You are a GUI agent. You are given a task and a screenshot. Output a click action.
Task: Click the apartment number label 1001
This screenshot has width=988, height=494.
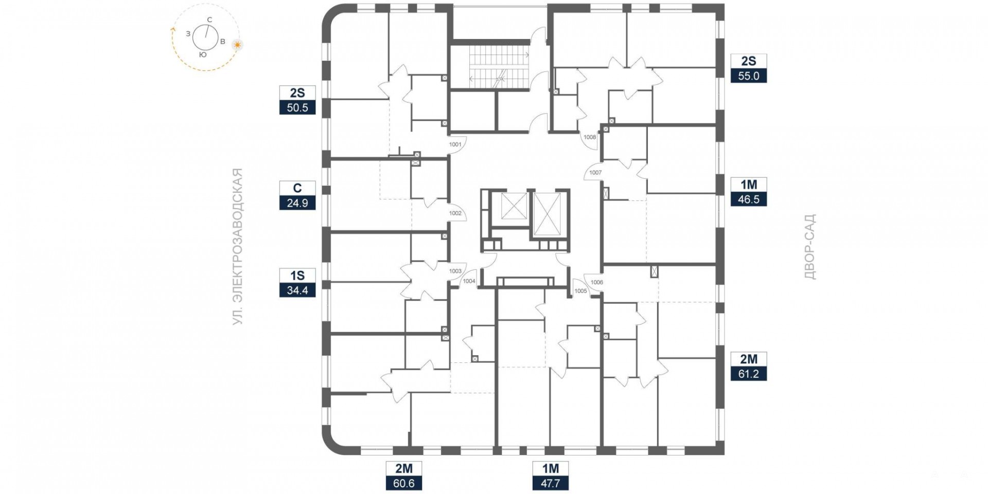point(455,144)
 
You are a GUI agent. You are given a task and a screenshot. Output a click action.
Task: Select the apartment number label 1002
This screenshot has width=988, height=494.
point(455,213)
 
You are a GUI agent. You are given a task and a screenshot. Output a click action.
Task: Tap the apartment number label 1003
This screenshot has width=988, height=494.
point(455,271)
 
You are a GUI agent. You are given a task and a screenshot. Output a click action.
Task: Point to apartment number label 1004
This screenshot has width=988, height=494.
point(469,281)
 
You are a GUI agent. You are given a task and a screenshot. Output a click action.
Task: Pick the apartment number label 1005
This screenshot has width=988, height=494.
point(580,291)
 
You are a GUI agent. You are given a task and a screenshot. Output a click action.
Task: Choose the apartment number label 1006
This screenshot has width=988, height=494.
point(597,282)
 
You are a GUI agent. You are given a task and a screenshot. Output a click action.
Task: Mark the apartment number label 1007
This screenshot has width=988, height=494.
point(595,173)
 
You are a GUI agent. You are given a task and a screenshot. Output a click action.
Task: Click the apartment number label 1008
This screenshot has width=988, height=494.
point(590,137)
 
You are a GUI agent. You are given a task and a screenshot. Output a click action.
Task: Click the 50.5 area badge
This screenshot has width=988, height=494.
point(297,107)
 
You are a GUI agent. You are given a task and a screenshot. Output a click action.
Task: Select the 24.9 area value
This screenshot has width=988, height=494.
point(297,203)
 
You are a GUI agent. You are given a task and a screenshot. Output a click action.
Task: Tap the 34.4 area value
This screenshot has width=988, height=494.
point(297,290)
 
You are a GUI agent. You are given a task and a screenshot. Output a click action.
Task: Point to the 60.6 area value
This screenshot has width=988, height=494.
point(404,484)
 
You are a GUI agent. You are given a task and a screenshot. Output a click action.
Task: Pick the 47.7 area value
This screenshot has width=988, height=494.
point(551,484)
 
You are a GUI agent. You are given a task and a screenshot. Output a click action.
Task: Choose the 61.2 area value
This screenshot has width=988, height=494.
point(749,374)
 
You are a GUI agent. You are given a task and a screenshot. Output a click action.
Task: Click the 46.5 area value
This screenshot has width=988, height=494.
point(749,199)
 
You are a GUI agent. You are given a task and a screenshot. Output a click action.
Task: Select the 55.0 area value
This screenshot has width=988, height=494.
point(749,76)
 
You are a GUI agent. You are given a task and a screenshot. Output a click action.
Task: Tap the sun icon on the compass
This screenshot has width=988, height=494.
point(237,45)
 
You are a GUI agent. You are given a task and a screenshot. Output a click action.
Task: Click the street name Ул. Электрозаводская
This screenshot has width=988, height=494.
point(237,247)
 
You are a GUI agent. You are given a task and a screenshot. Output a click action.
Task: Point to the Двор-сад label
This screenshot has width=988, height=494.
point(810,247)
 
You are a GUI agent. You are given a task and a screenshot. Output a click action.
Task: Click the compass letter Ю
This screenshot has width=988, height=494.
point(203,54)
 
